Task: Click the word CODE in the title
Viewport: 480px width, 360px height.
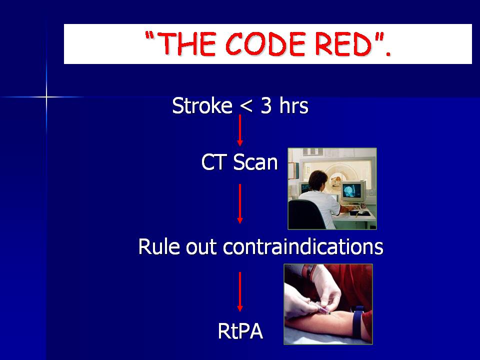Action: pos(265,44)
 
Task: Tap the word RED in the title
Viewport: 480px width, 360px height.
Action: pos(343,44)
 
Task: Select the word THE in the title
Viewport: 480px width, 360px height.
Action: pos(187,44)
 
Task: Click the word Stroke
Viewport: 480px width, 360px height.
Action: pos(202,105)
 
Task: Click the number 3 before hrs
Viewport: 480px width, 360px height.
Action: pos(266,106)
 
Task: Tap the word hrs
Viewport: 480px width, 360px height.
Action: pos(293,105)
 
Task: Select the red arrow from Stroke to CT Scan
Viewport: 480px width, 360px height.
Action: pos(240,130)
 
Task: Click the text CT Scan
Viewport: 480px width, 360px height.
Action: pos(239,162)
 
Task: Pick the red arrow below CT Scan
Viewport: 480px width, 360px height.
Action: pos(240,203)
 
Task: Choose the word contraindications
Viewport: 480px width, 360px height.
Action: pos(303,246)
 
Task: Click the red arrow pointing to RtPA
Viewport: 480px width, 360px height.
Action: pos(240,291)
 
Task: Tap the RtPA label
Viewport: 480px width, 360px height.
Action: pos(240,331)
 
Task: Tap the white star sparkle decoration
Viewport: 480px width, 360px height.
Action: pos(46,97)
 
